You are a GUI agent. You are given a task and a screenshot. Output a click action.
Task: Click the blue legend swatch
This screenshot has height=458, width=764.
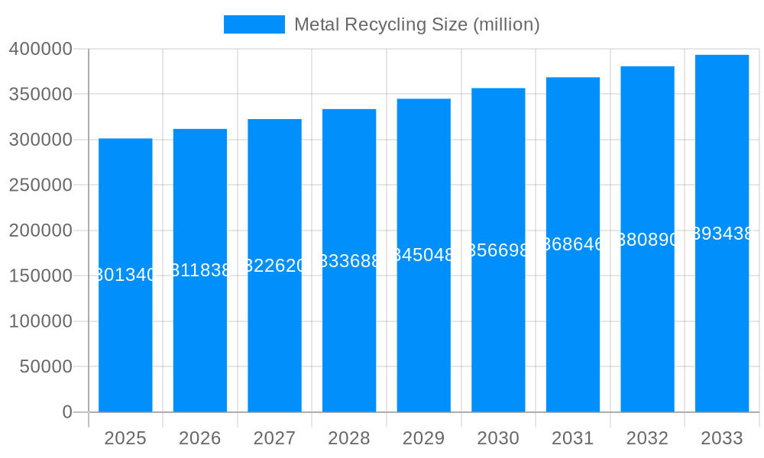[254, 24]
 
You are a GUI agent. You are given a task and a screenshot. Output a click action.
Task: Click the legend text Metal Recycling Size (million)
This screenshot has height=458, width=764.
[416, 24]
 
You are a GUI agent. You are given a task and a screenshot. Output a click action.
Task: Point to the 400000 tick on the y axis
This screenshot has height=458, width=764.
[40, 49]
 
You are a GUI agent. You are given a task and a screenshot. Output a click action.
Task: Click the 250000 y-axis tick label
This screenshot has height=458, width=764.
[40, 185]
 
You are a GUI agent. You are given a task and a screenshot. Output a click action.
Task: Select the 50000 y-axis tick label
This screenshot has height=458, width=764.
[45, 366]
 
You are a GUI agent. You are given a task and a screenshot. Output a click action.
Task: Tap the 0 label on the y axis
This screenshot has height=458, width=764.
[67, 412]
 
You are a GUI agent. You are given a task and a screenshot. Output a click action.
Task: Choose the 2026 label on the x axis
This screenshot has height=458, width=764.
[200, 438]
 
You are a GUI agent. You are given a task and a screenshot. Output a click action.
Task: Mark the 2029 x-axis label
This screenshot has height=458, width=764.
[424, 438]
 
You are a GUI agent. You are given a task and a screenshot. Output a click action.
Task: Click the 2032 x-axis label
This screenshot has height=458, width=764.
[647, 438]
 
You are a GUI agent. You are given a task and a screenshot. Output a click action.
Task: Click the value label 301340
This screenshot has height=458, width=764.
[125, 276]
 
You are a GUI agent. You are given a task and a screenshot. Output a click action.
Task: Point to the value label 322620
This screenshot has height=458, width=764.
[274, 266]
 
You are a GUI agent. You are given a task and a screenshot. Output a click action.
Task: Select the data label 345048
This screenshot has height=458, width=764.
[424, 255]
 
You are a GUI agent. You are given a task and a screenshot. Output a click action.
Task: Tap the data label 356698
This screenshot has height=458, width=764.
[498, 250]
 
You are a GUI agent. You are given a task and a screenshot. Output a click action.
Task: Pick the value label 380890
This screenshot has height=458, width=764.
[647, 240]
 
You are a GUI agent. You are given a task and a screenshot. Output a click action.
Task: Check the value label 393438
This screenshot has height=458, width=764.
[722, 234]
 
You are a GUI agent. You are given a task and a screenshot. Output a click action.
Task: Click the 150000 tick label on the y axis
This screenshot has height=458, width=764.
[40, 276]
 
